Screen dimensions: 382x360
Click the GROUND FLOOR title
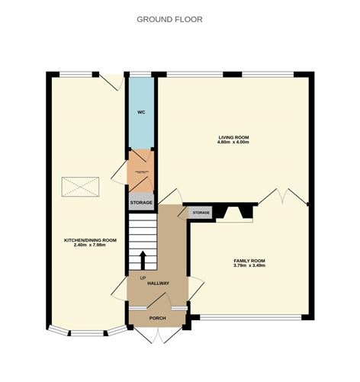coord(169,18)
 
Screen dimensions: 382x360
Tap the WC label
coord(140,112)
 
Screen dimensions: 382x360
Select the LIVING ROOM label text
coord(234,137)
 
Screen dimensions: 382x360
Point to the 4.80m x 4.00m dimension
coord(234,143)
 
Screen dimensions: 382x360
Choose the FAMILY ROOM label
coord(249,261)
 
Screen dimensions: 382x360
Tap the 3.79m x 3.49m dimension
coord(249,266)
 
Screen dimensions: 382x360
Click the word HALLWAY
coord(158,284)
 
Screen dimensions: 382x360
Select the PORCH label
coord(158,318)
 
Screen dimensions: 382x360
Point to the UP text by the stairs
coord(143,277)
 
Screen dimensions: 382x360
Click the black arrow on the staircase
coord(143,257)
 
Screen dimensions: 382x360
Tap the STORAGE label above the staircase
coord(141,203)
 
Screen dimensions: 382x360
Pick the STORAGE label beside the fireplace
coord(201,212)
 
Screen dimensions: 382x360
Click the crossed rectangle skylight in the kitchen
coord(80,185)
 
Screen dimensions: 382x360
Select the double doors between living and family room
coord(283,197)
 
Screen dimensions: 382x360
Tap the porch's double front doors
coord(158,335)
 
